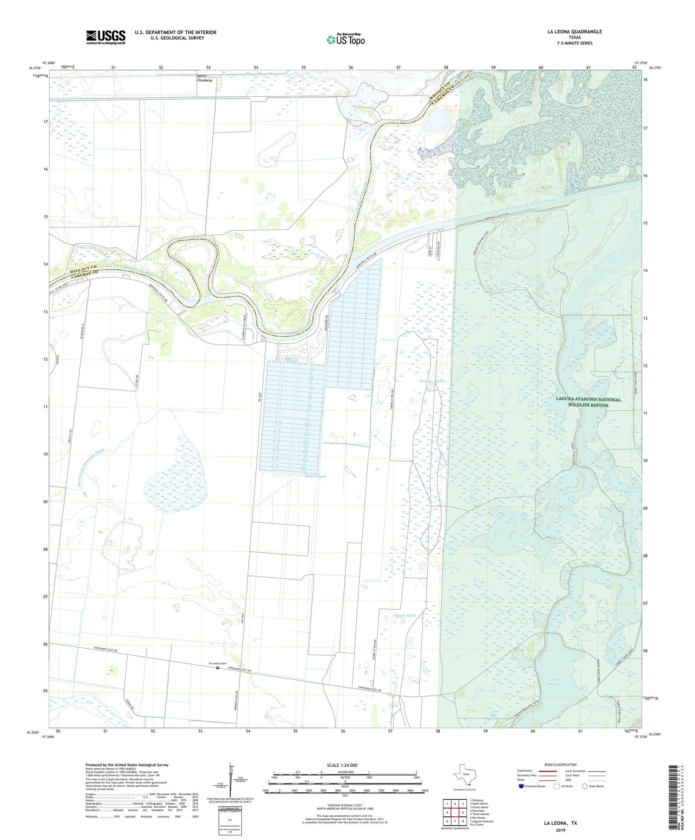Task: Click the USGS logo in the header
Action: (x=106, y=37)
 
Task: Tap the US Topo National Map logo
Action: (x=345, y=39)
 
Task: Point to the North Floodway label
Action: (x=204, y=78)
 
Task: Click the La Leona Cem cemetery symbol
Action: (x=218, y=668)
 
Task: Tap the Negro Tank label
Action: (x=316, y=476)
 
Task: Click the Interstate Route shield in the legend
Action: (x=522, y=786)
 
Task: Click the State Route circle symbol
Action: (x=585, y=786)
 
